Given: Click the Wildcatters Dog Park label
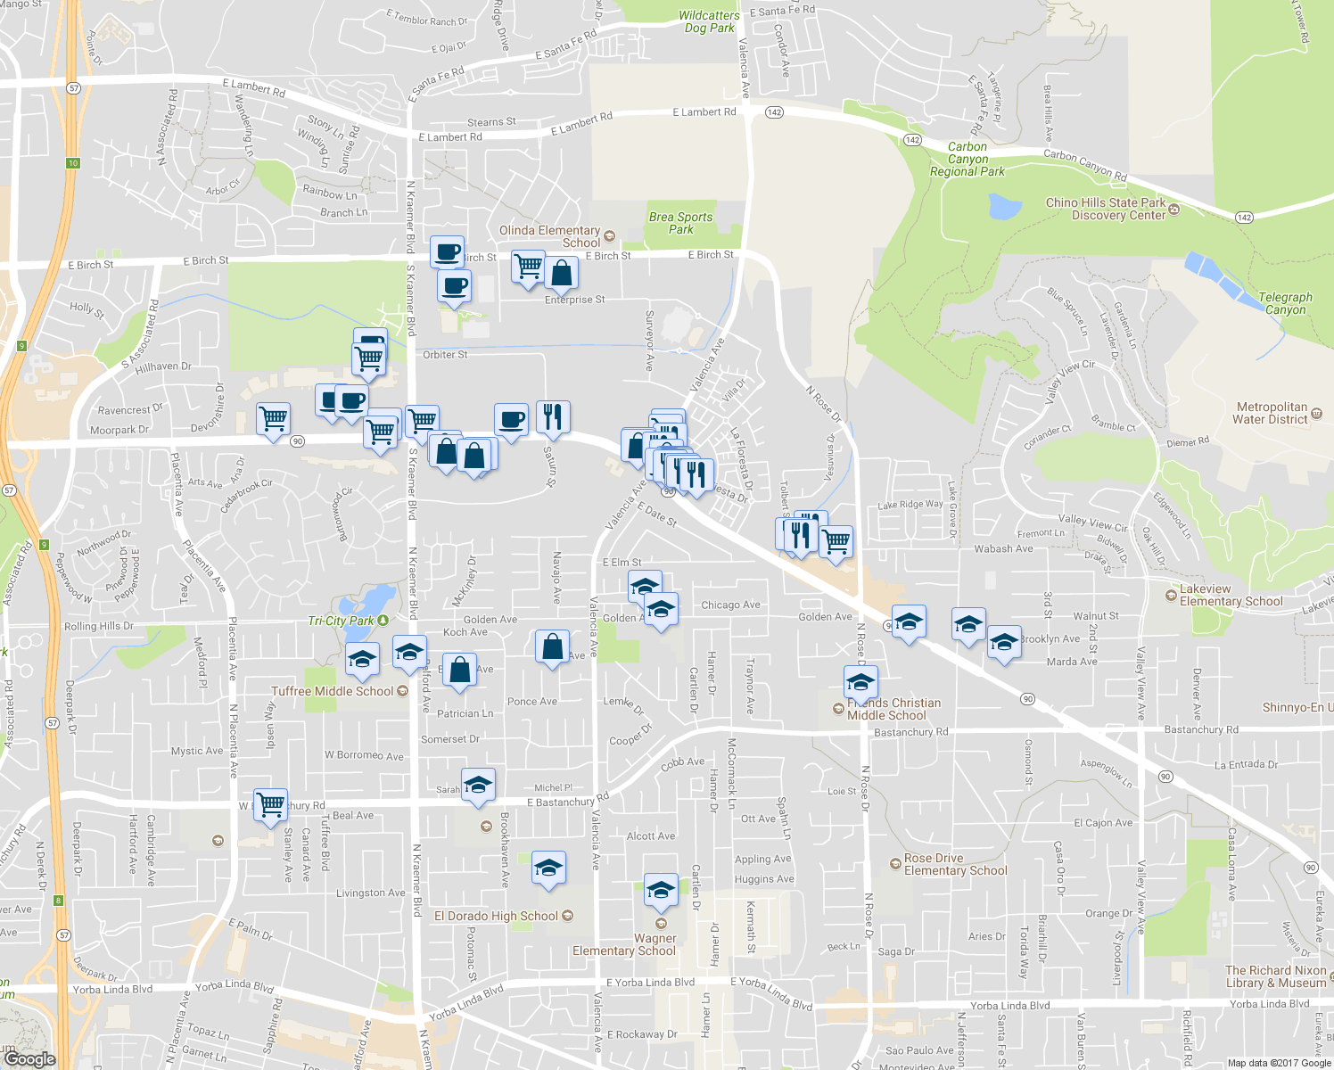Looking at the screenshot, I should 709,21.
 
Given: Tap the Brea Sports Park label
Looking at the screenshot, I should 680,223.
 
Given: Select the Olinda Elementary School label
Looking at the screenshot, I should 549,236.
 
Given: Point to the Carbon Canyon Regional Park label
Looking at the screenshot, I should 967,159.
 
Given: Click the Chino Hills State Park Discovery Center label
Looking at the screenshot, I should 1106,209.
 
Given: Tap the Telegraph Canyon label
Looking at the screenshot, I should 1285,303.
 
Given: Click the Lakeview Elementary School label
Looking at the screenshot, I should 1231,595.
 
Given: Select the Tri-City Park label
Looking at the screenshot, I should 342,621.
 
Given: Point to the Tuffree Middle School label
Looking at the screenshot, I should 333,691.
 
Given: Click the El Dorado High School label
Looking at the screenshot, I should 497,916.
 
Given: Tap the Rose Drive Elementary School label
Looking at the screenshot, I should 955,864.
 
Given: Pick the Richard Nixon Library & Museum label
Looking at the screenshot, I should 1275,976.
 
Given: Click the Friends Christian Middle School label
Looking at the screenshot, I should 893,709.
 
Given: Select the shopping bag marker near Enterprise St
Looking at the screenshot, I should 561,274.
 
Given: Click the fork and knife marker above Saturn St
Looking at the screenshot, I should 553,416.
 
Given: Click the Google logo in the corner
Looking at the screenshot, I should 29,1058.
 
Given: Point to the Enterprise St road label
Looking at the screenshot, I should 574,300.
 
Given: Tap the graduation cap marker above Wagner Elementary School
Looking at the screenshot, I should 660,890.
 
